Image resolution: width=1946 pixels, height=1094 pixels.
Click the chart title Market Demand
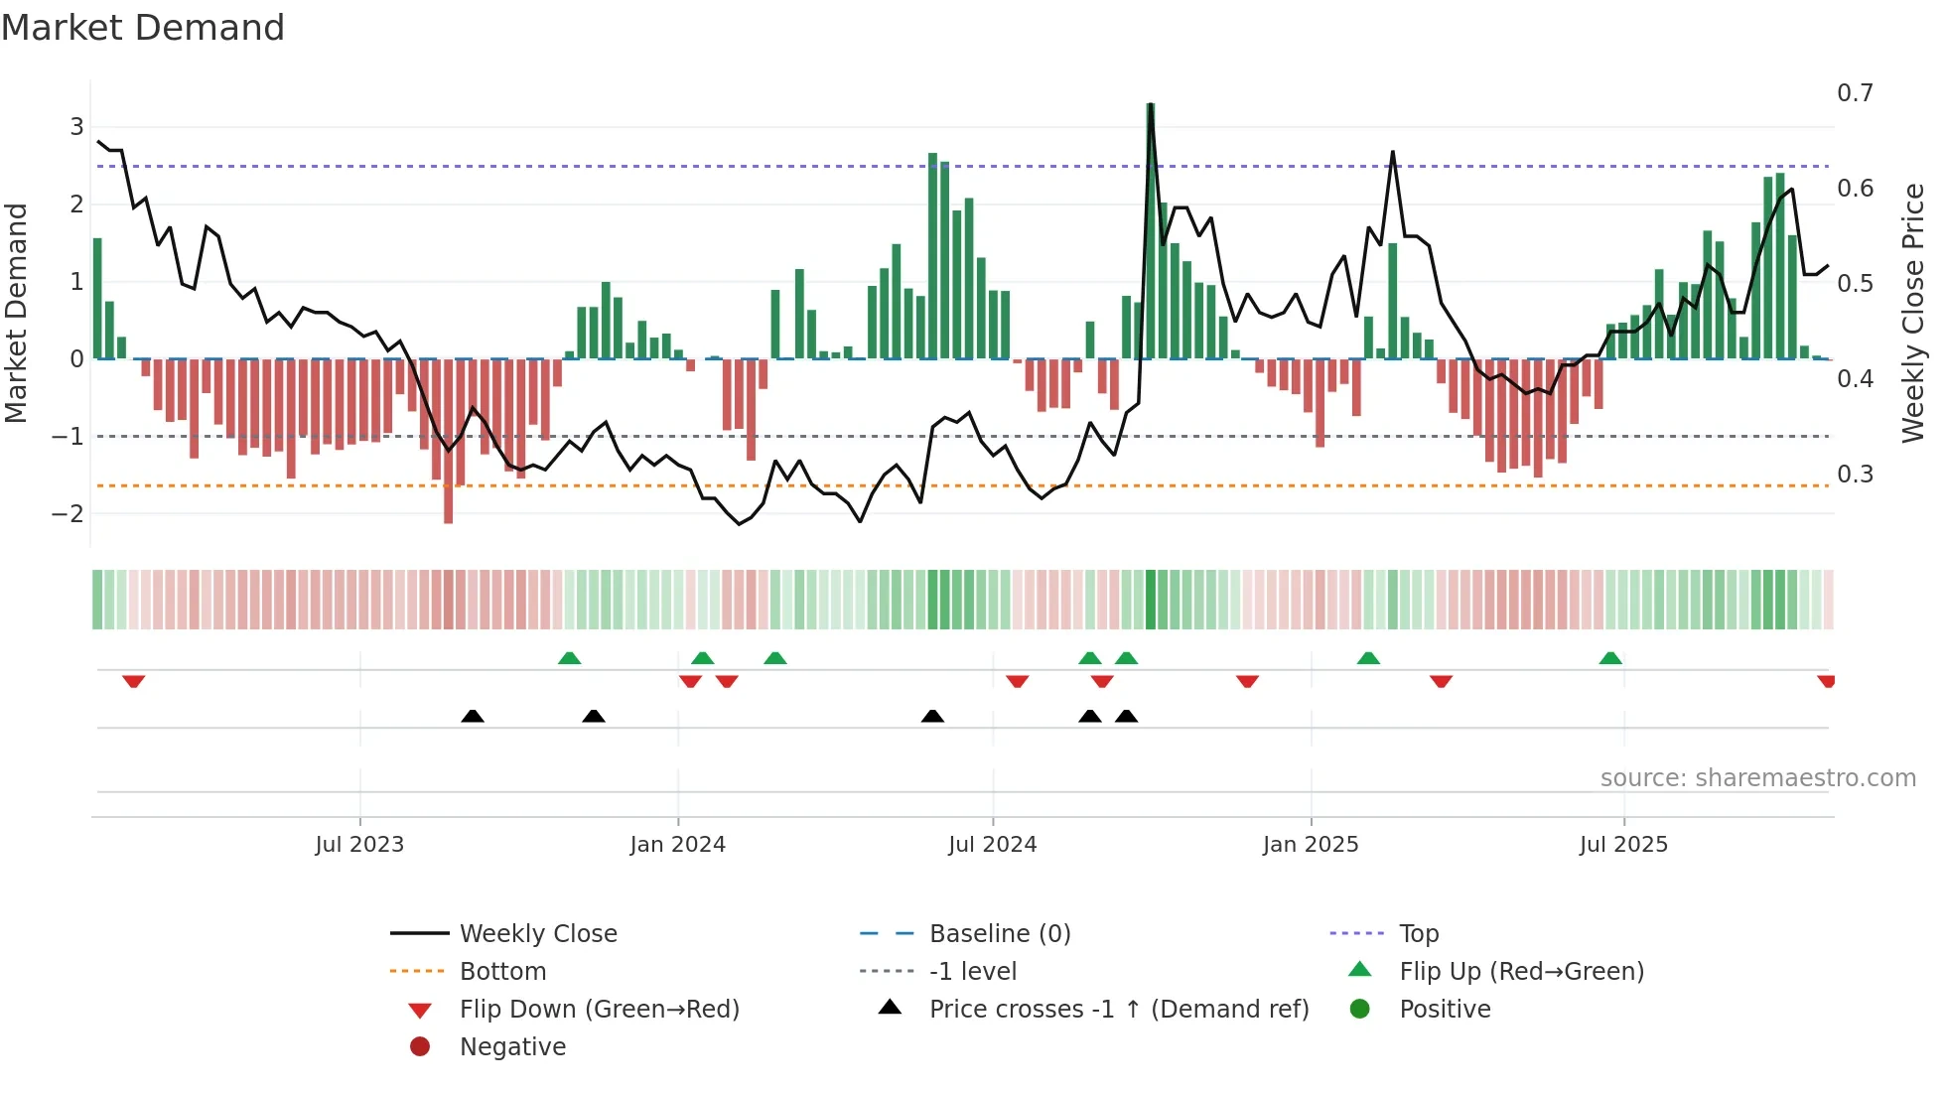[143, 28]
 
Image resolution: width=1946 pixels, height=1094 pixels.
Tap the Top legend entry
[1418, 934]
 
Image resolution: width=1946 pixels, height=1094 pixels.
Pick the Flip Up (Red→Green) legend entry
[1520, 972]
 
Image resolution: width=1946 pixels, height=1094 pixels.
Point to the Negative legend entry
[512, 1047]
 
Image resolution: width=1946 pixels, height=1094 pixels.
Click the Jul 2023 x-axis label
[359, 845]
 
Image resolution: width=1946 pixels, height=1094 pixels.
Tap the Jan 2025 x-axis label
[1310, 845]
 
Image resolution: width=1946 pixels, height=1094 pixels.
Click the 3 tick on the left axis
[76, 127]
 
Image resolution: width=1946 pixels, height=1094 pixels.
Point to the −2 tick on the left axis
[69, 514]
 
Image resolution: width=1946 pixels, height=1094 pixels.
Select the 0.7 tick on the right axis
[1855, 93]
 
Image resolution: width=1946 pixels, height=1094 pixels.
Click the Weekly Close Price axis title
[1913, 313]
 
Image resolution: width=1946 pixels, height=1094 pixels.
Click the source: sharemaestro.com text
[1757, 778]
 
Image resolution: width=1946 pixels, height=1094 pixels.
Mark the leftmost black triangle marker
[473, 716]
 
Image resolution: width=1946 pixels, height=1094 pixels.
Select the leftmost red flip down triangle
[134, 681]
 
